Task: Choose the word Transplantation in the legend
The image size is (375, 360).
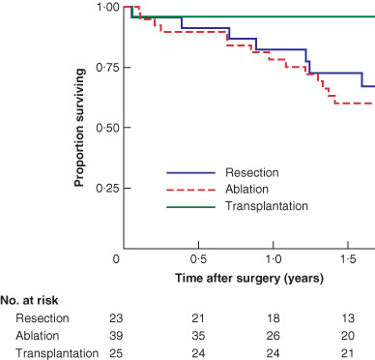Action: [x=266, y=206]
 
